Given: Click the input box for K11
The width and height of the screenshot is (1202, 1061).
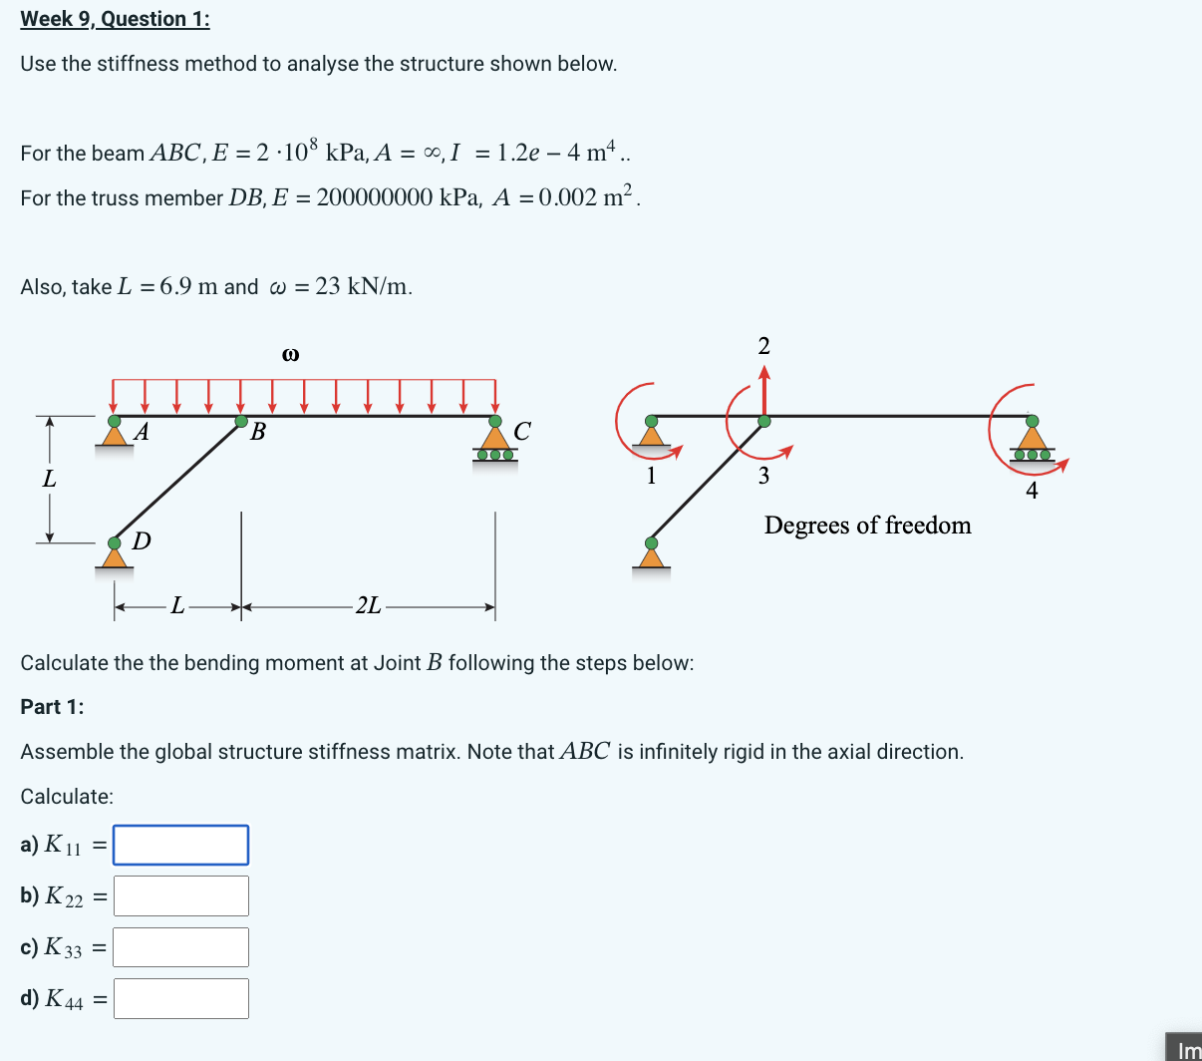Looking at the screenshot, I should (x=180, y=845).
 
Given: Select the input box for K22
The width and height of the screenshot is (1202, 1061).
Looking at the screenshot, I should (x=180, y=895).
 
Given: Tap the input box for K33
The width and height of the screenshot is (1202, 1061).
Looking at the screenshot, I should (x=180, y=946).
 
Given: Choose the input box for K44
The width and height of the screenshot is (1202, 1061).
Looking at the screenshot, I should (x=180, y=998).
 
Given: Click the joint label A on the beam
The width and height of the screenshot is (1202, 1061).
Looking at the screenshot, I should (x=143, y=432).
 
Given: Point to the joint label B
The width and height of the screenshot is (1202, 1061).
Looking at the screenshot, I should (x=258, y=432).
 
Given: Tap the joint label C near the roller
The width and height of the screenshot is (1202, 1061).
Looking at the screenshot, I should (x=521, y=431).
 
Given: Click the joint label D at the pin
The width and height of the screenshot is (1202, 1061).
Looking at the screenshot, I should (x=142, y=541).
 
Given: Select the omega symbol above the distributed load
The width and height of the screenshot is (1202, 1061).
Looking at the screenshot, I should (x=290, y=354).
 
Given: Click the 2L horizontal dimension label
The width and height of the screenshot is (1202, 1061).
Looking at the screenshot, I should (x=368, y=605).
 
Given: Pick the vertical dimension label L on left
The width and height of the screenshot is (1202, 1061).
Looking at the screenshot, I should (x=49, y=479).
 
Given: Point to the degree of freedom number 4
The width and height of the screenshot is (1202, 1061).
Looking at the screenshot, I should (x=1032, y=491).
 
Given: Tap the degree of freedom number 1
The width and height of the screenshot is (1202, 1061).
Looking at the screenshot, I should (x=651, y=476).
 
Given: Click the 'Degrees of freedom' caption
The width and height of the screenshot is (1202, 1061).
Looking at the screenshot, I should (x=867, y=526).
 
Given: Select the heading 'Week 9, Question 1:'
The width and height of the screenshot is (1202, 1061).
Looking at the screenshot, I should (x=115, y=19).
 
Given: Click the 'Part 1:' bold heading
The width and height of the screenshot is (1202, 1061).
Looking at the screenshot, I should (x=52, y=707).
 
